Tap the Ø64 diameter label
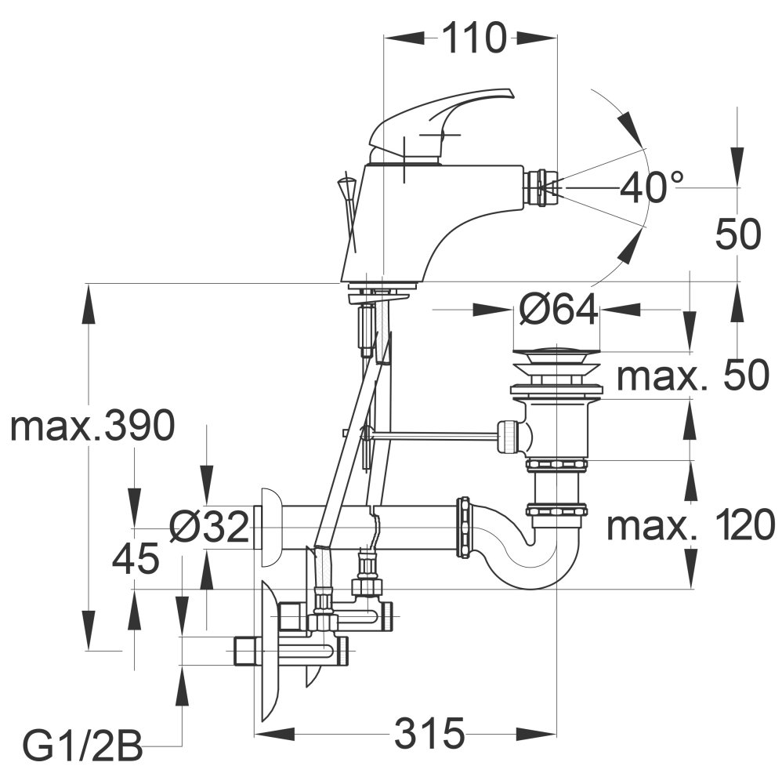point(558,309)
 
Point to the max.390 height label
point(92,426)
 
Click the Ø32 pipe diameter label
point(209,527)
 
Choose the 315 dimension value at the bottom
point(429,734)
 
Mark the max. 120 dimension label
point(690,525)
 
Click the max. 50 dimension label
point(693,376)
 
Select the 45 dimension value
point(136,558)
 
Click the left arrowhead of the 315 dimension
point(275,734)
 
